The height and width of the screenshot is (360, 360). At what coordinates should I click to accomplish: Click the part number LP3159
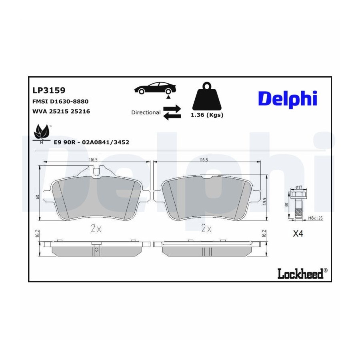(x=49, y=90)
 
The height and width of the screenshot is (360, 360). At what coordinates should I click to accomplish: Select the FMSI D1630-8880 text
(x=60, y=101)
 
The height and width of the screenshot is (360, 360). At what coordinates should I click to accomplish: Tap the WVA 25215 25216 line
(x=61, y=111)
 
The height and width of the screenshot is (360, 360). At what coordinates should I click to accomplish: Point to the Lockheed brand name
(x=303, y=273)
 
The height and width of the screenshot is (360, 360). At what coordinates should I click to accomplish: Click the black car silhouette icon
(x=155, y=88)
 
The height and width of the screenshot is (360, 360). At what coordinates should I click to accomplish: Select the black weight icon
(x=207, y=96)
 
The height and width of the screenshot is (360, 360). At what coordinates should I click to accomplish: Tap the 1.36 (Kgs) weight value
(x=207, y=115)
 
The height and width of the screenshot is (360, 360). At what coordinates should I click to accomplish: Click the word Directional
(x=146, y=112)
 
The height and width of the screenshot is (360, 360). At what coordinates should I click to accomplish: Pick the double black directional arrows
(x=172, y=112)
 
